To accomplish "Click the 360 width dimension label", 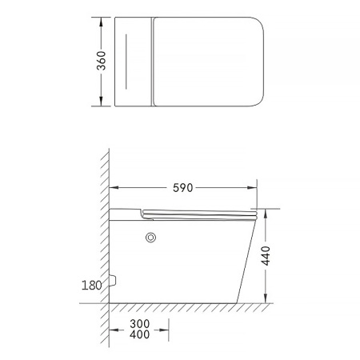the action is point(101,61).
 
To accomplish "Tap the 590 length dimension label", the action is point(182,188).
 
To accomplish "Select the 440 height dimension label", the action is point(266,256).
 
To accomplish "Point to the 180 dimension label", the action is point(91,286).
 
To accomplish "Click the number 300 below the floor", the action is point(140,324).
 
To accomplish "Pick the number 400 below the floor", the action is point(140,334).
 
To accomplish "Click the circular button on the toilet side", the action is point(150,238).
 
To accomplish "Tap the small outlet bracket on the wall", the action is point(113,280).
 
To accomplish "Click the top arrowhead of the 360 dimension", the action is point(101,22).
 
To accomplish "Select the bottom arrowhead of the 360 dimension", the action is point(101,102).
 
